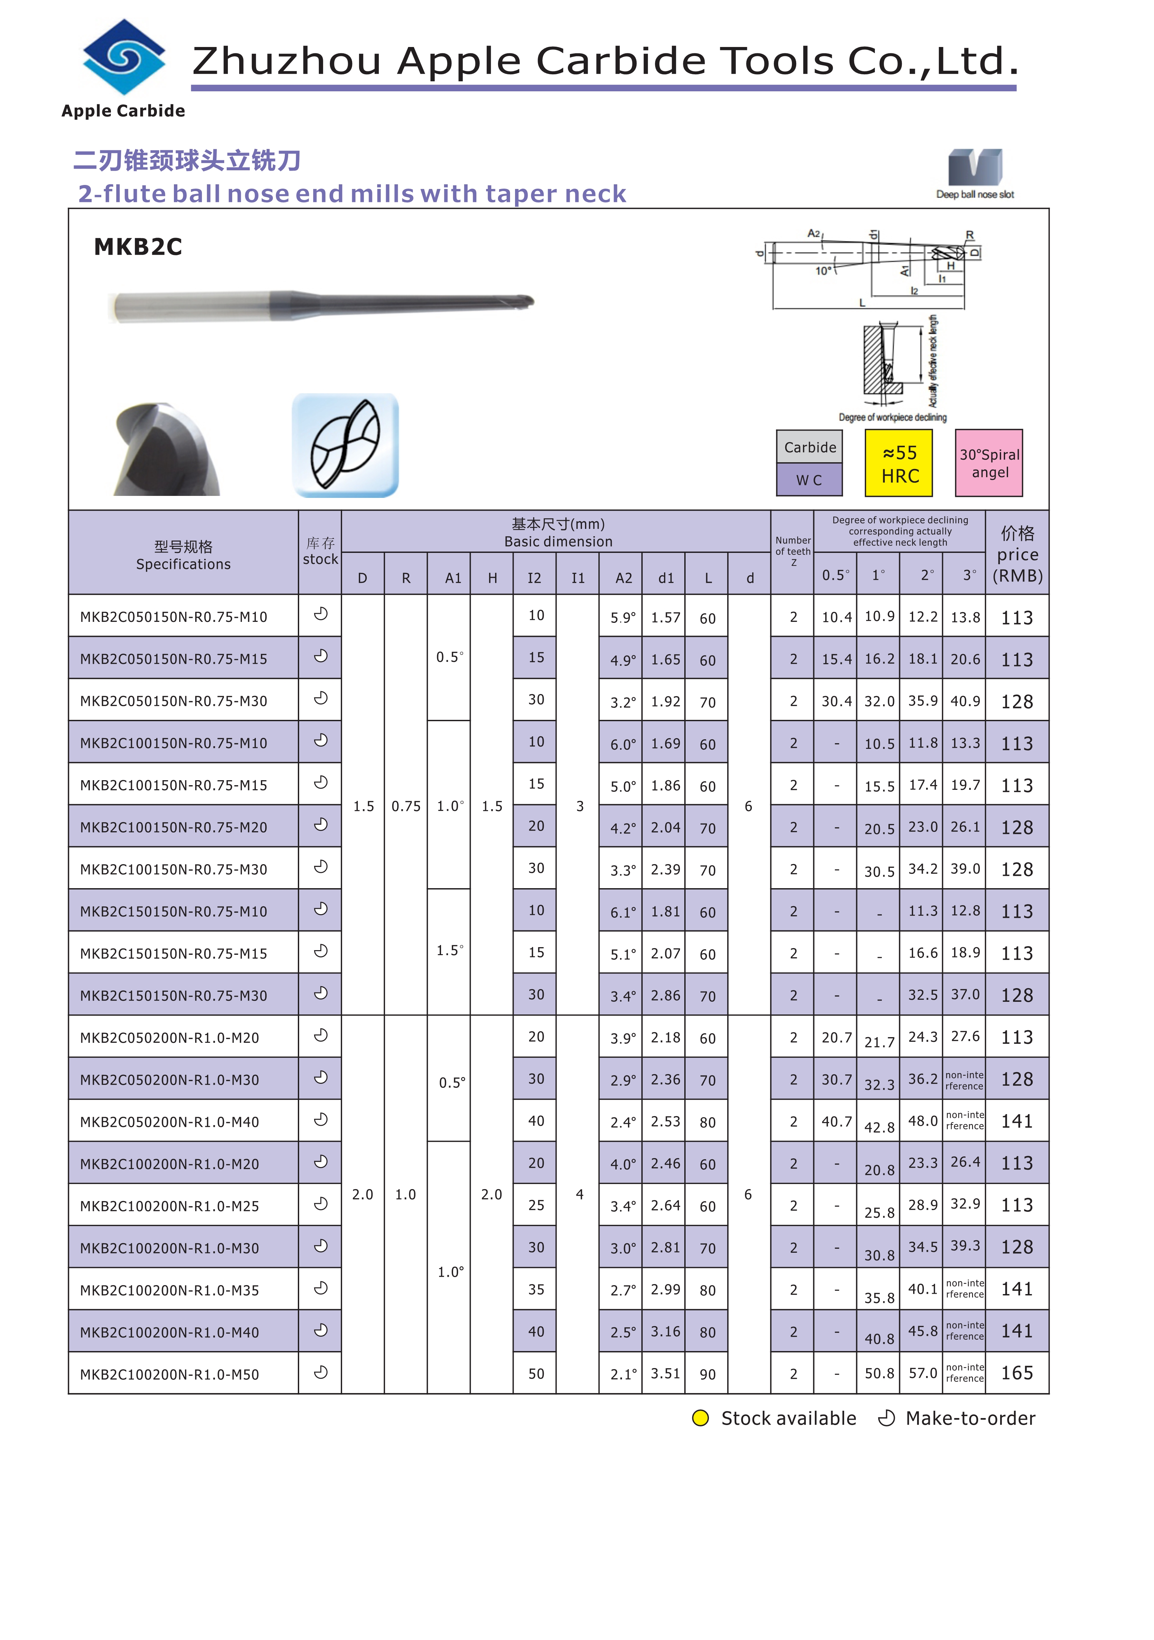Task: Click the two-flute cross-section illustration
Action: (x=345, y=445)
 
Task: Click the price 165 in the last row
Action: (x=1017, y=1373)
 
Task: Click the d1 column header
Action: (x=666, y=578)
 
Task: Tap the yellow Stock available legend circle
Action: (x=701, y=1419)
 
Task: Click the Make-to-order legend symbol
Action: (x=886, y=1419)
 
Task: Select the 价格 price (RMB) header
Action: (x=1017, y=554)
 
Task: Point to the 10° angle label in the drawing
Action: (x=824, y=271)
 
